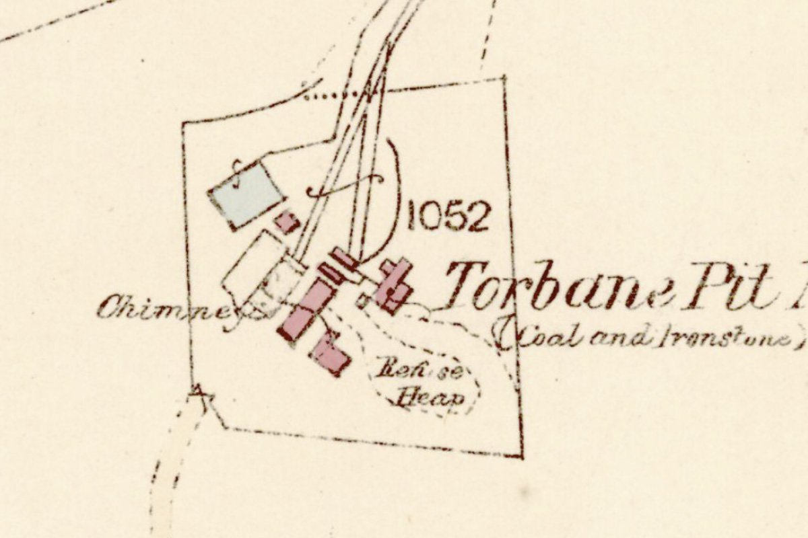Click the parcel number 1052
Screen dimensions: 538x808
coord(447,217)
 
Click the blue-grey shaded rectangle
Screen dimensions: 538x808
coord(246,194)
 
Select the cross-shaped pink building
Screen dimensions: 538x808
coord(393,286)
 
